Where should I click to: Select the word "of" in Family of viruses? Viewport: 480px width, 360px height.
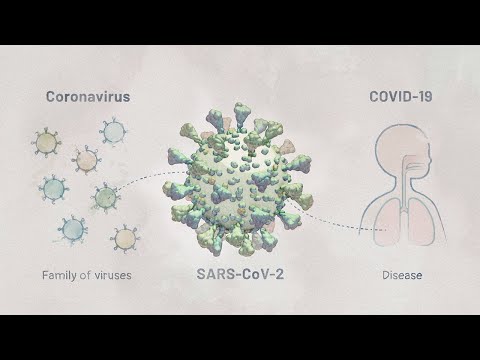click(86, 272)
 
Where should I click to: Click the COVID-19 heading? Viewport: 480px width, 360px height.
click(400, 97)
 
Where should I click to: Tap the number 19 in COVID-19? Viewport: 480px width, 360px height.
click(426, 97)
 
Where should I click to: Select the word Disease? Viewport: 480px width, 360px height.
click(402, 272)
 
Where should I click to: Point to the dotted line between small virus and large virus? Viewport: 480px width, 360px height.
click(150, 181)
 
